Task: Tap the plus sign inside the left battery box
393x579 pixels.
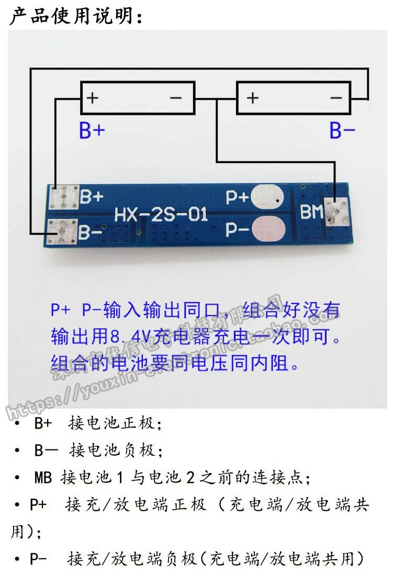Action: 93,98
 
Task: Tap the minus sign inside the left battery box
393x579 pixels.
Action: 175,98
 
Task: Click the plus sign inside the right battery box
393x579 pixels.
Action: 252,98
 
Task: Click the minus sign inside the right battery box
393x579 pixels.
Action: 335,98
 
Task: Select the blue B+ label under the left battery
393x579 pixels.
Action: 92,131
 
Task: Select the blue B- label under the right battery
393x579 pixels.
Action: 343,131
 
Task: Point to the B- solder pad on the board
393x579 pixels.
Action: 62,231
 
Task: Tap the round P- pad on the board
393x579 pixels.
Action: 268,229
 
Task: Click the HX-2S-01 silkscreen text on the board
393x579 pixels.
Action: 161,214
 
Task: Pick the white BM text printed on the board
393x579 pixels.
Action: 311,212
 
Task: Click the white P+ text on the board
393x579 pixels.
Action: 237,197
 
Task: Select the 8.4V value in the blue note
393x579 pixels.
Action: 127,337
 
